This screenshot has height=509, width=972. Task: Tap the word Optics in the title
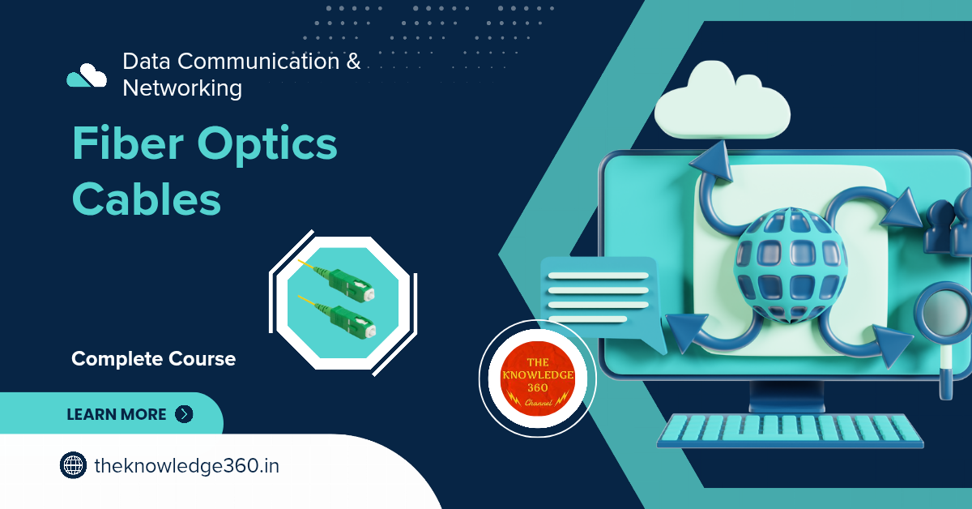(267, 146)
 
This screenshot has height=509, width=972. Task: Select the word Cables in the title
(147, 199)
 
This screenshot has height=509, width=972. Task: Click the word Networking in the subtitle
(182, 88)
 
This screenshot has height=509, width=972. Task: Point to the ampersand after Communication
(354, 62)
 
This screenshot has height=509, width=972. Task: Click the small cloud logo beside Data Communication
(87, 75)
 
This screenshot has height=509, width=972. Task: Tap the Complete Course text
(154, 359)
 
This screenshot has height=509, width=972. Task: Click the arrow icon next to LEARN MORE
(184, 414)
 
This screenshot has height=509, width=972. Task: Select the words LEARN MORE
(117, 414)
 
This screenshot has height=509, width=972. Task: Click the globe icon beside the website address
(73, 465)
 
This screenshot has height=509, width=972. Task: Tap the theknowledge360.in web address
(186, 466)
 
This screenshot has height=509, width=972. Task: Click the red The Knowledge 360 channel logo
(538, 379)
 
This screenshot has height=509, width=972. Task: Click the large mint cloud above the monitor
(722, 101)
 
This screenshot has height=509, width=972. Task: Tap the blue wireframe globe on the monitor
(790, 265)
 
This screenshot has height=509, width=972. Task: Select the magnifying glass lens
(947, 310)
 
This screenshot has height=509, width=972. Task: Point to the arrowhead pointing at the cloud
(713, 161)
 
